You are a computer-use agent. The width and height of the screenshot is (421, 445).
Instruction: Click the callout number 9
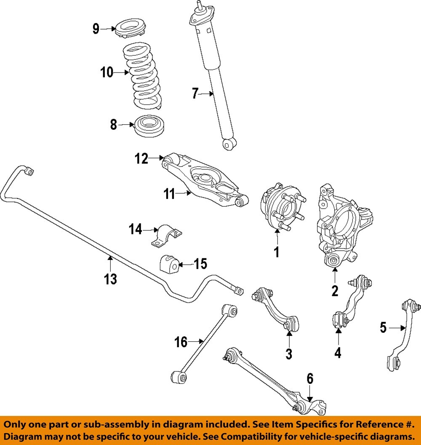pos(96,29)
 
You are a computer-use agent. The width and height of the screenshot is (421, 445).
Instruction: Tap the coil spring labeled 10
pos(142,76)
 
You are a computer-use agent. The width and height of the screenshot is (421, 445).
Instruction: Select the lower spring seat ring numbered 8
pos(150,125)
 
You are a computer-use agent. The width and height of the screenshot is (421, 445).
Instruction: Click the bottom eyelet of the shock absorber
pos(229,145)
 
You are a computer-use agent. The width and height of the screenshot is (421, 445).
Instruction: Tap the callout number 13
pos(111,279)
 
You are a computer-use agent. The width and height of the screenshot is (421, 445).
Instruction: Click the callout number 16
pos(181,342)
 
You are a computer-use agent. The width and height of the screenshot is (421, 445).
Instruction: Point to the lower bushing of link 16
pos(179,376)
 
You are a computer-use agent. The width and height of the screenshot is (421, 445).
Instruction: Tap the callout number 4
pos(338,352)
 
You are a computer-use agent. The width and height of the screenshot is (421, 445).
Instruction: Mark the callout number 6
pos(310,379)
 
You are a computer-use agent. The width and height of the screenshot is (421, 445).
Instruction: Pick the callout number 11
pos(169,194)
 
